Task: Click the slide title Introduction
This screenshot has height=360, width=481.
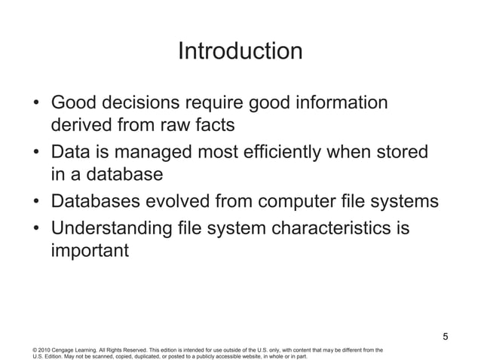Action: (240, 52)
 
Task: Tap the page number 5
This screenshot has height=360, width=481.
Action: (445, 336)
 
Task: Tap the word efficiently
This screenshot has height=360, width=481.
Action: (290, 152)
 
